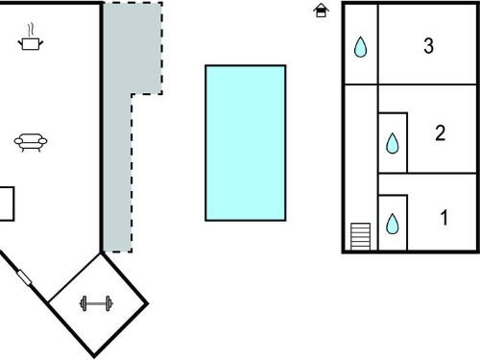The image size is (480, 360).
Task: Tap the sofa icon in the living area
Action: point(31,142)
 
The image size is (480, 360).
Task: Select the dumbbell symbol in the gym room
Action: point(96,303)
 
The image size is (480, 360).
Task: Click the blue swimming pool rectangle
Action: point(246,143)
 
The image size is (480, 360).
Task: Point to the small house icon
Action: point(321,11)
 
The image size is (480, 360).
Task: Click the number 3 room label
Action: point(428,45)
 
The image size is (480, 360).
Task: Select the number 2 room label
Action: point(441,132)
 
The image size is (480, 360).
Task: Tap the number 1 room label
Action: point(444,218)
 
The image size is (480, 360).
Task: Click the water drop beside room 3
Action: point(360,47)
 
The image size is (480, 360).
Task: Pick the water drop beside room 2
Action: point(393,143)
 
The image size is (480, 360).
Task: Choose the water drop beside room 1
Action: point(393,224)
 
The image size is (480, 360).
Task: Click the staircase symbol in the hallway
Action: point(360,236)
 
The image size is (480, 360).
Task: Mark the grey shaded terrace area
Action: point(118,128)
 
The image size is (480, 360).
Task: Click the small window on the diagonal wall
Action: point(24,277)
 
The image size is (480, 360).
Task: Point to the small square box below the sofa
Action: point(7,204)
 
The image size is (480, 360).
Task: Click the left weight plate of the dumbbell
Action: point(84,303)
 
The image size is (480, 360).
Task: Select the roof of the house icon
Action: point(321,7)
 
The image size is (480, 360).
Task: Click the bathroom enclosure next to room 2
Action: point(393,143)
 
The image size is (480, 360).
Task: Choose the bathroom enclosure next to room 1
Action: point(393,223)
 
